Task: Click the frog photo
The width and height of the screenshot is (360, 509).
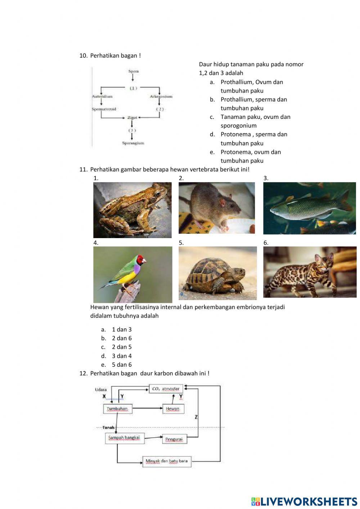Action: (132, 210)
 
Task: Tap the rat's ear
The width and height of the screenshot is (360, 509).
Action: (222, 202)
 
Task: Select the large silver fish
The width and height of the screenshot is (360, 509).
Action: (306, 209)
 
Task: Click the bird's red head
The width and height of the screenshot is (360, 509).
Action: (141, 259)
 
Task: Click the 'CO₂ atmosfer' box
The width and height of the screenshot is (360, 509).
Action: (166, 389)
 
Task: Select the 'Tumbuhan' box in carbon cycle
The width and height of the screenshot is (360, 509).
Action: (117, 409)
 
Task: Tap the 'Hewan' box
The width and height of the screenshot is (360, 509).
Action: (173, 409)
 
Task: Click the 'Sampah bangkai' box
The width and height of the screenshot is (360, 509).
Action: (124, 438)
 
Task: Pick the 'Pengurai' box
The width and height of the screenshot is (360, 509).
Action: (174, 439)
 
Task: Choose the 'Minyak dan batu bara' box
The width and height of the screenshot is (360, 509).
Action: (166, 461)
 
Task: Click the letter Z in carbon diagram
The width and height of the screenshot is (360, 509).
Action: (196, 417)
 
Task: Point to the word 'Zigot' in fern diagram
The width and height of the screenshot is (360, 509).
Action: (132, 117)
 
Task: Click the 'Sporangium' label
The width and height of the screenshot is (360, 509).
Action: (133, 143)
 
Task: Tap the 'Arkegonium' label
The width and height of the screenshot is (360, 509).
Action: (161, 97)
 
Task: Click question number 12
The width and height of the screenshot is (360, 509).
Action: (83, 373)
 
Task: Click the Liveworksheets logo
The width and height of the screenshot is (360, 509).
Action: (304, 501)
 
